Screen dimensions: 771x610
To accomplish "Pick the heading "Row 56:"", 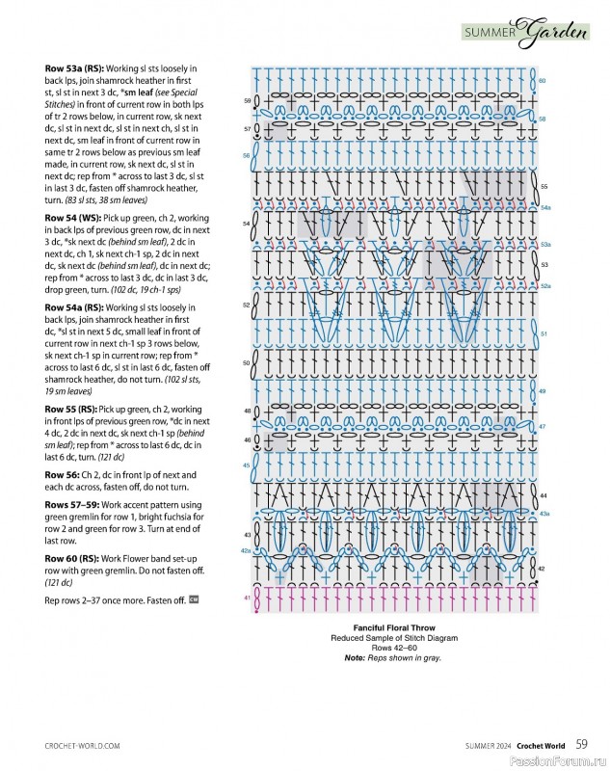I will (x=63, y=475).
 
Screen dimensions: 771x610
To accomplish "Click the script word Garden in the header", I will (x=556, y=34).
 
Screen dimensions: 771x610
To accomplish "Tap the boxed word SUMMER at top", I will (x=491, y=34).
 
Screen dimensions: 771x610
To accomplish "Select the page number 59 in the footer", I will (x=582, y=744).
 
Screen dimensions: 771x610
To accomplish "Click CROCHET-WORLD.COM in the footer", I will (x=82, y=745).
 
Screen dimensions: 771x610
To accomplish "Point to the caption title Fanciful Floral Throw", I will (x=402, y=628).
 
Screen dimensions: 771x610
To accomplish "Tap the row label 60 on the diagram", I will (x=543, y=81).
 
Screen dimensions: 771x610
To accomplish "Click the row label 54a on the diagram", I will (x=545, y=207).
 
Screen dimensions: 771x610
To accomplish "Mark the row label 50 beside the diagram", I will (x=246, y=362).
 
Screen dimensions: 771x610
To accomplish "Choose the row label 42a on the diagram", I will (x=245, y=550).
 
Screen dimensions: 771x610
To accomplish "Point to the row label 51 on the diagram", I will (x=544, y=333).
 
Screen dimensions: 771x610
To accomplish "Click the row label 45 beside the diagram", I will (x=246, y=465).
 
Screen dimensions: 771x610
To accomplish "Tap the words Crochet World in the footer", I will (x=540, y=745).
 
